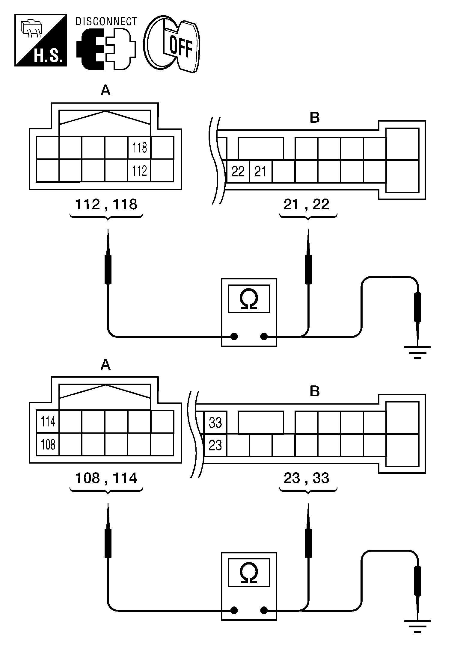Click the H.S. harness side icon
pos(40,40)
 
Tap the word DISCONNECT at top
pos(106,22)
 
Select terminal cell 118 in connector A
pos(140,148)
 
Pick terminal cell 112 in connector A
pos(140,171)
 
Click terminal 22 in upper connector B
pos(238,172)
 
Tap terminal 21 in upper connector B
pos(260,172)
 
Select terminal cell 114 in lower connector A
pos(48,421)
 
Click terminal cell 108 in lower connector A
pos(48,444)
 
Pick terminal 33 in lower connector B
pos(215,423)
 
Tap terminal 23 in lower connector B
pos(215,445)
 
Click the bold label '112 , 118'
pos(106,205)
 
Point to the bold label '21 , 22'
pos(306,205)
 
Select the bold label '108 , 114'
pos(106,478)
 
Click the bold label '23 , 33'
pos(306,478)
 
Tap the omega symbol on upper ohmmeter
pos(249,299)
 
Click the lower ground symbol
pos(417,625)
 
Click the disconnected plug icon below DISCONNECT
pos(106,49)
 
